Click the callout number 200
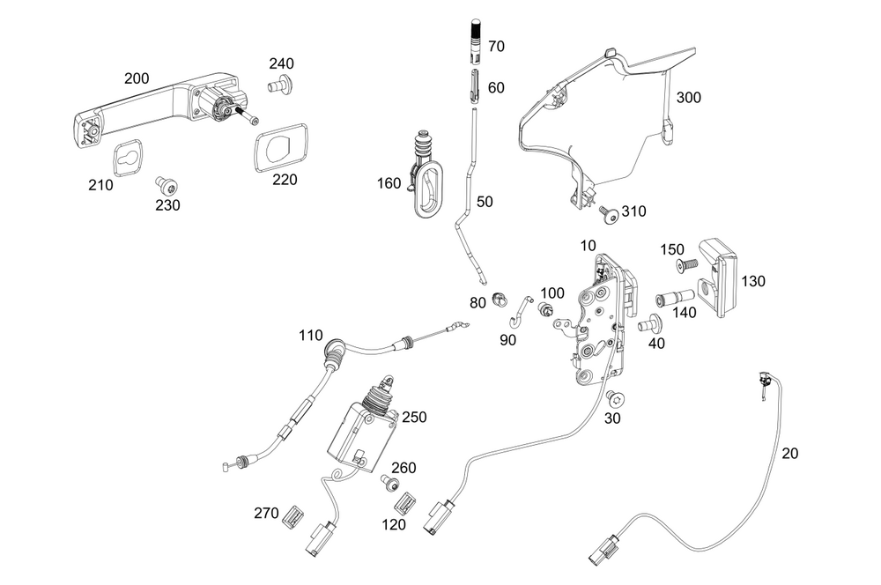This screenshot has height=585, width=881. pyautogui.click(x=137, y=78)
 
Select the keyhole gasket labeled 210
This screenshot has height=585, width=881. pyautogui.click(x=129, y=159)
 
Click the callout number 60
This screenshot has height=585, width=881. pyautogui.click(x=496, y=87)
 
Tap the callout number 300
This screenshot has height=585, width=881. pyautogui.click(x=688, y=98)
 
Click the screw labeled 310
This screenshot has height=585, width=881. pyautogui.click(x=607, y=211)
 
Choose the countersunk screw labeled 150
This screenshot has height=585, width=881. pyautogui.click(x=685, y=264)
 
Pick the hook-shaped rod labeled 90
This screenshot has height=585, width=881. pyautogui.click(x=522, y=309)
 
